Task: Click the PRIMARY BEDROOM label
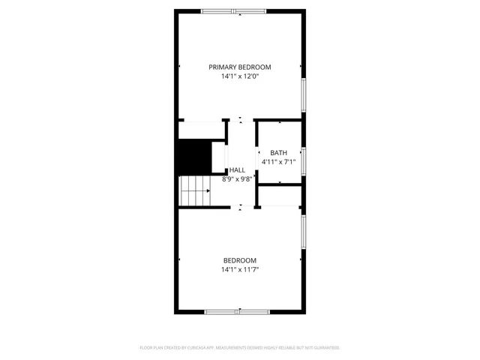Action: coord(239,67)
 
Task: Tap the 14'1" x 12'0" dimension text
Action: coord(239,76)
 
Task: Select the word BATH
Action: coord(278,153)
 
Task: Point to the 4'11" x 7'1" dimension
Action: coord(278,162)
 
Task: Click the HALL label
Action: coord(237,170)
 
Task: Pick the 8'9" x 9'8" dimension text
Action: coord(237,179)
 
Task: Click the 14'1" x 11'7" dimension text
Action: coord(239,270)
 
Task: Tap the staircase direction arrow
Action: coord(208,190)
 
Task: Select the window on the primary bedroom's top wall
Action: coord(233,10)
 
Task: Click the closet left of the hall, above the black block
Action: coord(202,130)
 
